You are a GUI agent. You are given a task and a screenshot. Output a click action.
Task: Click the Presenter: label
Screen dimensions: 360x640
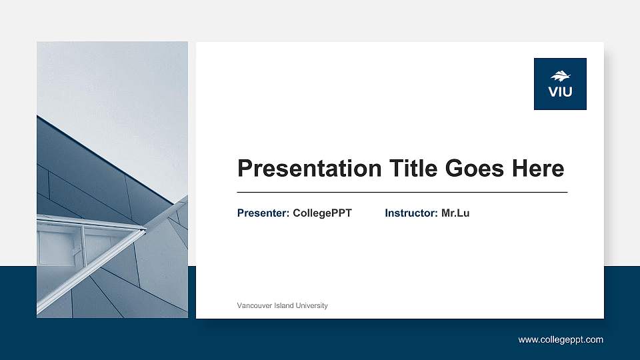[263, 213]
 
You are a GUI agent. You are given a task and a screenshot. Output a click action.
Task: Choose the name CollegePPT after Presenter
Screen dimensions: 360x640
[322, 213]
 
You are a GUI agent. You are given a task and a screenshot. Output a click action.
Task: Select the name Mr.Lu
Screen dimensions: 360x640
[455, 213]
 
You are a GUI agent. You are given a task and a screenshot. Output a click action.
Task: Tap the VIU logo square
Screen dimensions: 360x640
[560, 84]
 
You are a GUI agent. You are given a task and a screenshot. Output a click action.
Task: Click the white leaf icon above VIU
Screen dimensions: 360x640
[560, 76]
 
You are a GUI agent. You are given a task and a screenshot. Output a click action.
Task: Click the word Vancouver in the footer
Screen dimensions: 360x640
[254, 305]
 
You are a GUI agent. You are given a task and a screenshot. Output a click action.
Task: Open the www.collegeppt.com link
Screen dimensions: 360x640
[561, 340]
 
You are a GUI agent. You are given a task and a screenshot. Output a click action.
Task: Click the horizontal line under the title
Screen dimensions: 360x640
[402, 192]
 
